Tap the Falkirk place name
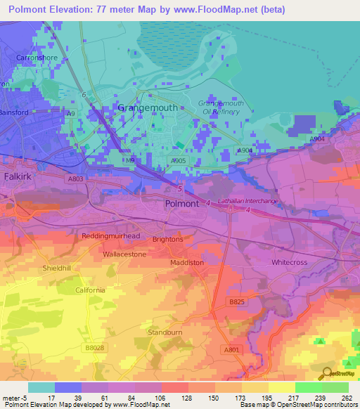[19, 176]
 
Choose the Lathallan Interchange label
[247, 202]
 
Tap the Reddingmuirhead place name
[111, 236]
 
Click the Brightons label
[167, 239]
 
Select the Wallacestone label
[124, 254]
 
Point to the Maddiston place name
[187, 263]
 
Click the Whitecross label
[290, 262]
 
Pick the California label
[90, 290]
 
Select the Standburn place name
[165, 331]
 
